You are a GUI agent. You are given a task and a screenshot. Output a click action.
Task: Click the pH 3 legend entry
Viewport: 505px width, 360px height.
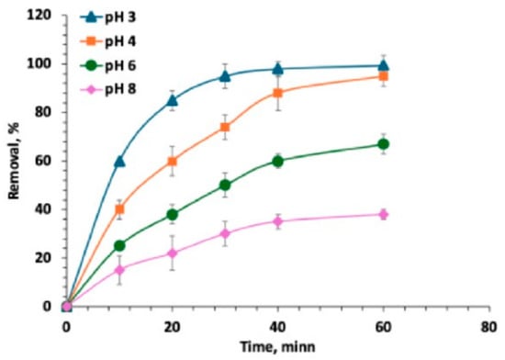tap(108, 17)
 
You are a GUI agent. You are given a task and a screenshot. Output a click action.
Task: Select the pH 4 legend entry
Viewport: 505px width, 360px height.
tap(108, 41)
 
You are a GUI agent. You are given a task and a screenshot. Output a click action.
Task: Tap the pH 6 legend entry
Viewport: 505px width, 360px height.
tap(108, 66)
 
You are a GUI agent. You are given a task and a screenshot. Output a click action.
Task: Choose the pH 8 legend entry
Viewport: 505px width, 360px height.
tap(108, 90)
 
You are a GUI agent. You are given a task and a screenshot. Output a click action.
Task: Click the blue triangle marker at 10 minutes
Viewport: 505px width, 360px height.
tap(119, 161)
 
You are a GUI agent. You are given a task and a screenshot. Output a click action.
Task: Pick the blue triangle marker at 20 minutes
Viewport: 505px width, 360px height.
tap(173, 100)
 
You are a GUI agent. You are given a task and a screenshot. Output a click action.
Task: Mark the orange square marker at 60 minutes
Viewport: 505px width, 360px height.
tap(383, 76)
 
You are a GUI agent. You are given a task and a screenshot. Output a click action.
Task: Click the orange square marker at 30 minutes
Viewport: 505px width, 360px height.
tap(225, 127)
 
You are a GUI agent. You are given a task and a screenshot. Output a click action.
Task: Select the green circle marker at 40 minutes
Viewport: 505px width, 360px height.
tap(277, 161)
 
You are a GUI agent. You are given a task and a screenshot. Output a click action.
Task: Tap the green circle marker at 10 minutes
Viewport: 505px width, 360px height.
tap(119, 246)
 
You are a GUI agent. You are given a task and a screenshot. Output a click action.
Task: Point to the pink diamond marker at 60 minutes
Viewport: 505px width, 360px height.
tap(383, 214)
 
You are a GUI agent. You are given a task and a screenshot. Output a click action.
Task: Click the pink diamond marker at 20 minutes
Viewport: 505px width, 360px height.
tap(173, 253)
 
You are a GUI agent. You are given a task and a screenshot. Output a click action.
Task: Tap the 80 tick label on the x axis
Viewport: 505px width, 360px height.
tap(489, 327)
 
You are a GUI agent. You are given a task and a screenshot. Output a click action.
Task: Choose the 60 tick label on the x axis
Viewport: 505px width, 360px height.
tap(383, 327)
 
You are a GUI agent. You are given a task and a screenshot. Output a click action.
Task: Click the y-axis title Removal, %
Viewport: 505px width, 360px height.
tap(14, 161)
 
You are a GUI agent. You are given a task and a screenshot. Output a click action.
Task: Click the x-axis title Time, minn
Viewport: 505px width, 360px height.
tap(277, 347)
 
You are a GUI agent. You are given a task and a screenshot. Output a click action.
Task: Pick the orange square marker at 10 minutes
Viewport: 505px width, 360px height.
tap(119, 209)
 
